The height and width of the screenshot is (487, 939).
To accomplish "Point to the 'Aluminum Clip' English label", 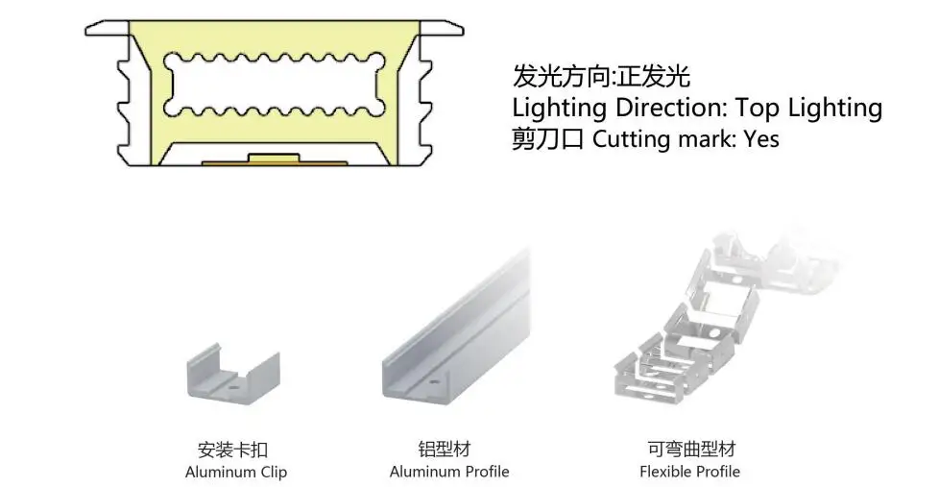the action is pyautogui.click(x=236, y=472).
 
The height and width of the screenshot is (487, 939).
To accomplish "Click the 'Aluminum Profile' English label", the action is pyautogui.click(x=449, y=472).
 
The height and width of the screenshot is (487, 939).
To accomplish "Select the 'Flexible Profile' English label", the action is pyautogui.click(x=689, y=472).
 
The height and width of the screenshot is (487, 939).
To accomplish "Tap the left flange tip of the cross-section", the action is pyautogui.click(x=90, y=29).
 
